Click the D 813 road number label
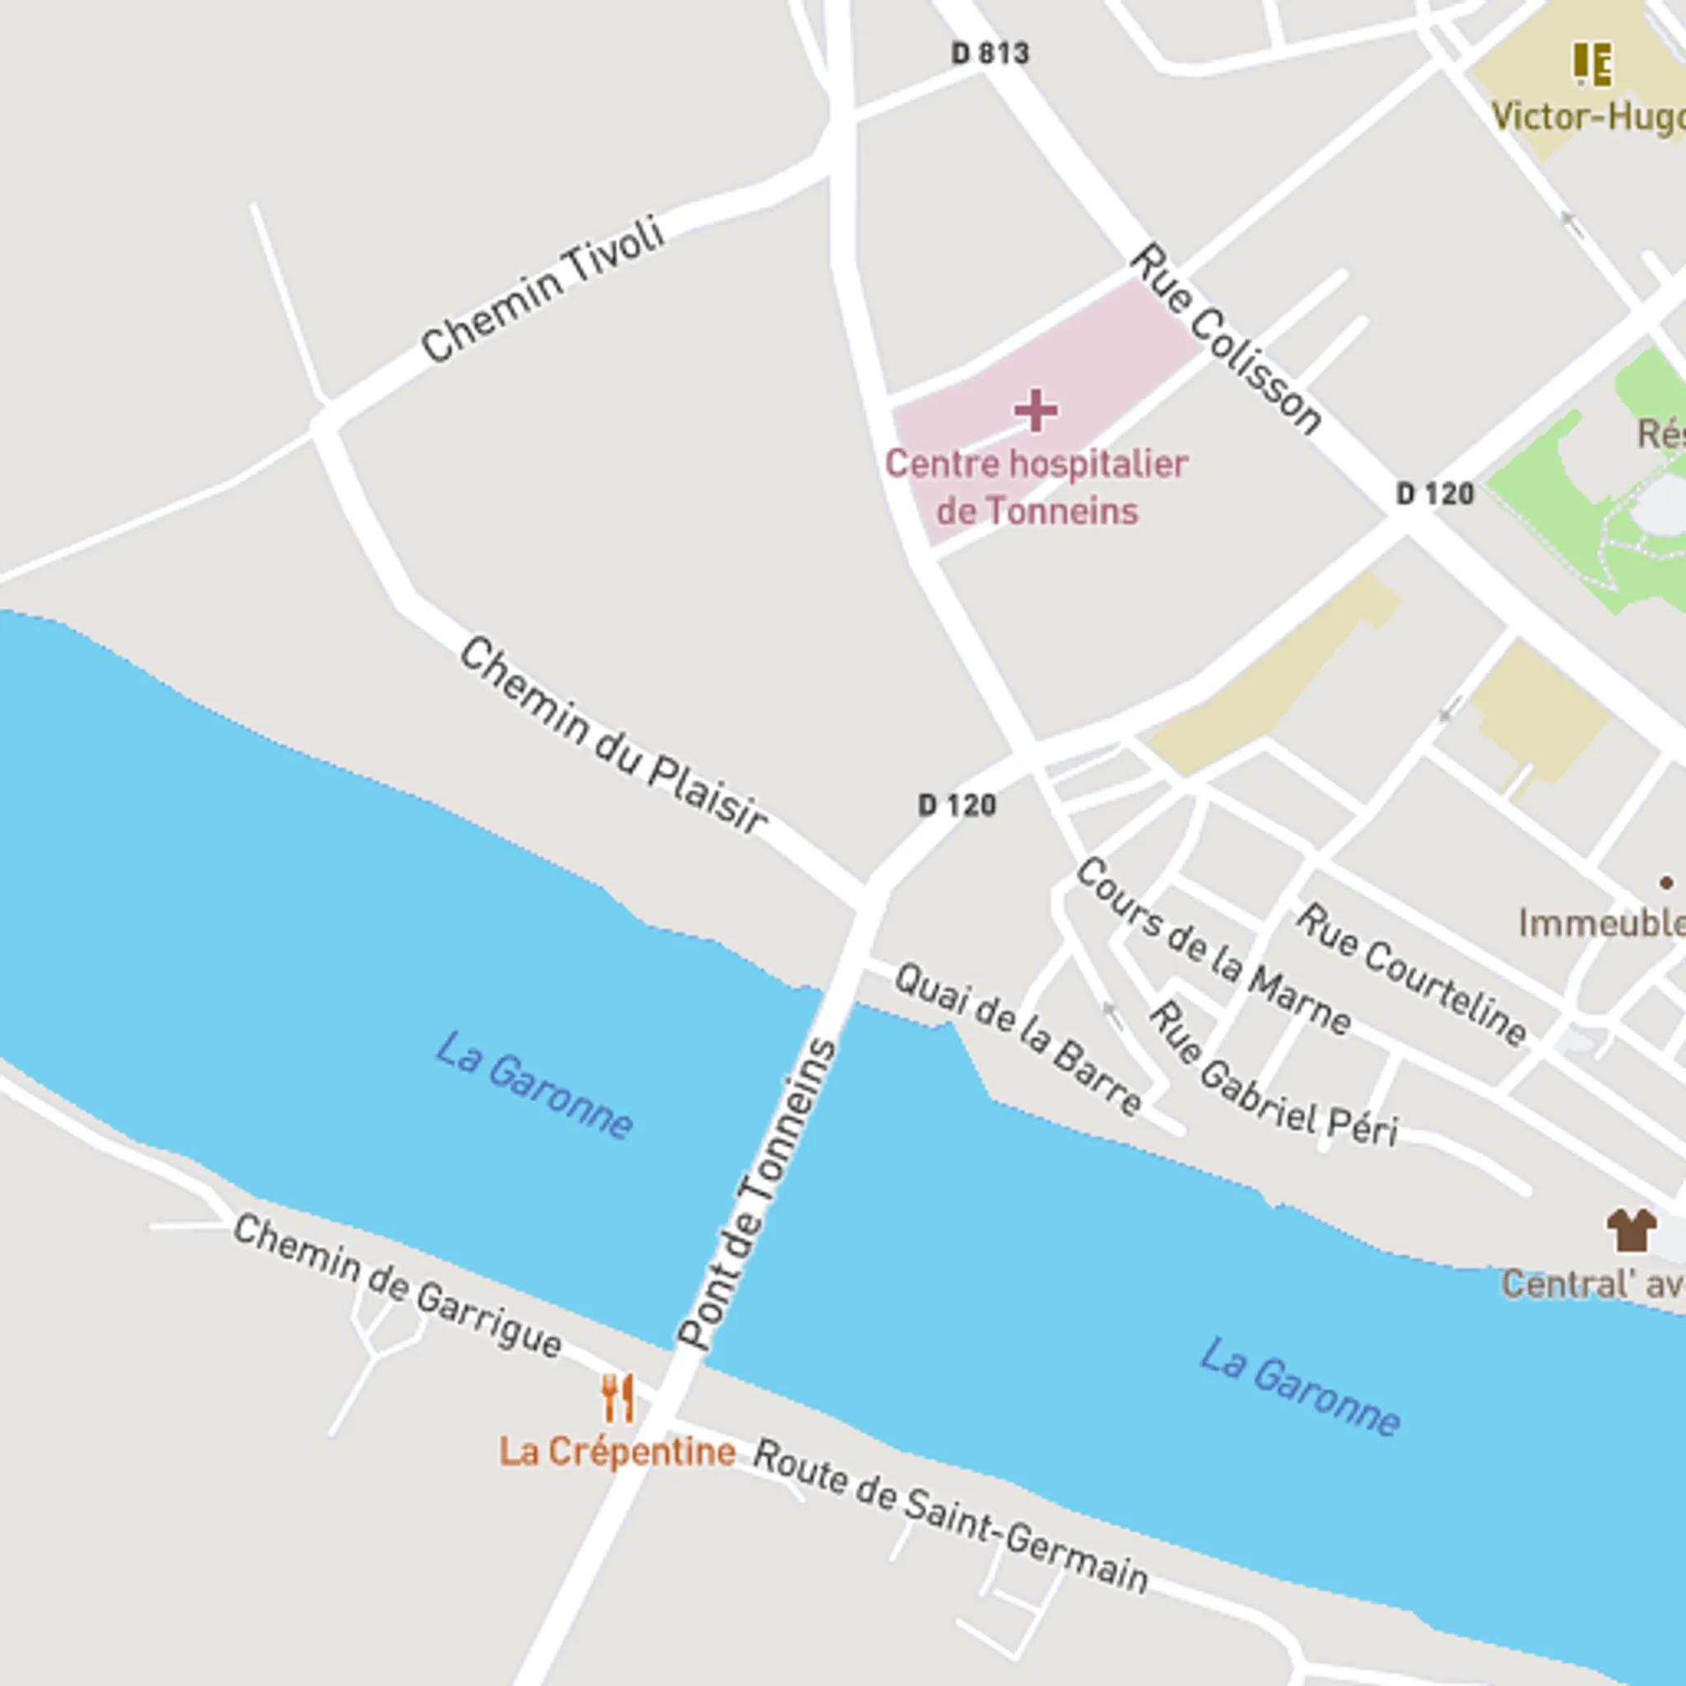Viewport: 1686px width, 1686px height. click(x=990, y=54)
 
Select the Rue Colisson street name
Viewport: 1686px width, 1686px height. click(x=1226, y=340)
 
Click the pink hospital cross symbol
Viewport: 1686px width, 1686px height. click(x=1036, y=411)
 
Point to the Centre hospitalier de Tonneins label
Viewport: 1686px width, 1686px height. click(x=1036, y=487)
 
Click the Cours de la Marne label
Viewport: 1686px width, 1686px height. click(x=1213, y=946)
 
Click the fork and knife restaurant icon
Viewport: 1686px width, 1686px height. click(x=618, y=1398)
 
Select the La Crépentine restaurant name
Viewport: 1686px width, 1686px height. click(x=617, y=1452)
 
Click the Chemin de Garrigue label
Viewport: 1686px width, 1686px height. click(x=398, y=1288)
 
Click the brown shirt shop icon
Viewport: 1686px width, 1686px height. click(x=1631, y=1230)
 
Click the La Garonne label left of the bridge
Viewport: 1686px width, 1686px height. click(x=534, y=1085)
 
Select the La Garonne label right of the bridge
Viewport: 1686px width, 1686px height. click(x=1299, y=1387)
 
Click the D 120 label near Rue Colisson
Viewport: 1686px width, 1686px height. click(x=1435, y=494)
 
